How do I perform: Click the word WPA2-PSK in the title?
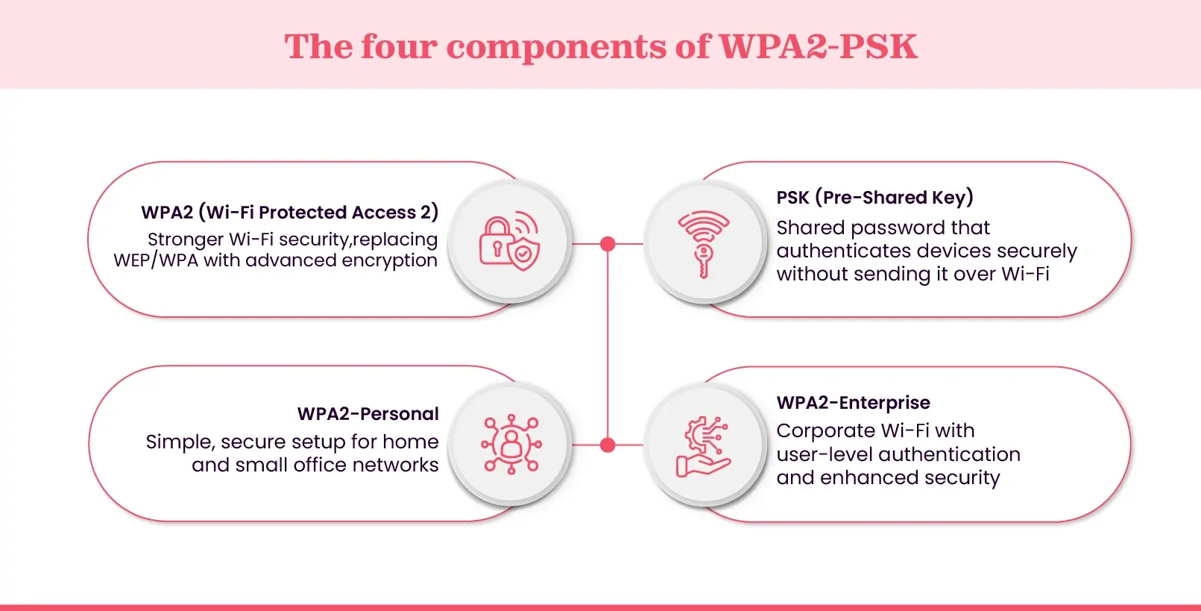(818, 46)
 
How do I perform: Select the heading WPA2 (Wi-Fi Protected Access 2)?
(289, 213)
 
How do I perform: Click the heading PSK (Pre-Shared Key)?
(874, 198)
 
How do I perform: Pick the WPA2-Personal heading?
(368, 414)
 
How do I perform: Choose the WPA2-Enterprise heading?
(853, 403)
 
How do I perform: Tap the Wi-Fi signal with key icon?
(703, 243)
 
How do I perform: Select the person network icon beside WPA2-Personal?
(511, 445)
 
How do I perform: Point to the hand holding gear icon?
(703, 446)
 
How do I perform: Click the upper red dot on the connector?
(608, 244)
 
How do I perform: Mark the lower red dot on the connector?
(608, 445)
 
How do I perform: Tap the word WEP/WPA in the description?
(156, 261)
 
